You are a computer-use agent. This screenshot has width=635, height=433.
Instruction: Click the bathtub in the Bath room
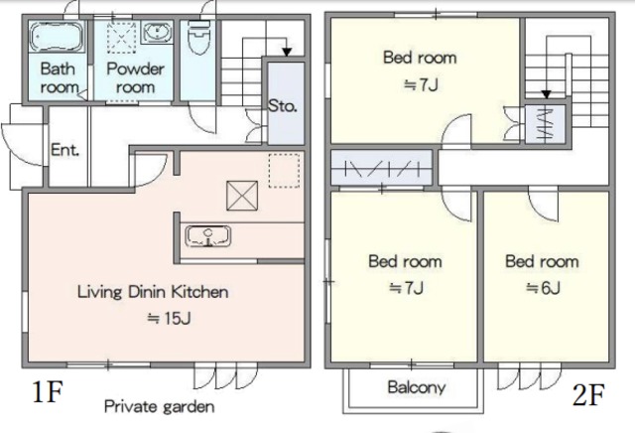coord(57,37)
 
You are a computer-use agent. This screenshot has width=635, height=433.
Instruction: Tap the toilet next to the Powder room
coord(198,38)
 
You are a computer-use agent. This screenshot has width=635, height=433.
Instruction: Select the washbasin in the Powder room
coord(157,33)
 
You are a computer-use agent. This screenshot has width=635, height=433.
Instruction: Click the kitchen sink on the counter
coord(208,236)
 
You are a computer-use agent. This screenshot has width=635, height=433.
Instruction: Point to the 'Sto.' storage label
coord(282,106)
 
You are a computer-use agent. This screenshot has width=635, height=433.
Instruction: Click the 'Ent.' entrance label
coord(64,150)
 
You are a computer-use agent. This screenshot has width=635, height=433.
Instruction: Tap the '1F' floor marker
coord(48,391)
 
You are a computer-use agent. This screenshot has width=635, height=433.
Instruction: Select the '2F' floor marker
coord(588,394)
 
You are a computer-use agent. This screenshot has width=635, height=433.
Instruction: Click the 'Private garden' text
coord(160,406)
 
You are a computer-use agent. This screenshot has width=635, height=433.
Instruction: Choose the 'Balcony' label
coord(417,387)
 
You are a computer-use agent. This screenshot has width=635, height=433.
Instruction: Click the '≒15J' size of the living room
coord(169,318)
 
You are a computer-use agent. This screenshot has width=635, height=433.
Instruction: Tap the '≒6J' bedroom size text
coord(543,288)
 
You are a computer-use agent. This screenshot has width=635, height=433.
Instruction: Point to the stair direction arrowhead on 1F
coord(287,52)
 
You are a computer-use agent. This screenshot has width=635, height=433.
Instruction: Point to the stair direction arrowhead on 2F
coord(546,94)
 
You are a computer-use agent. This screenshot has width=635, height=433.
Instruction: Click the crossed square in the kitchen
coord(242,196)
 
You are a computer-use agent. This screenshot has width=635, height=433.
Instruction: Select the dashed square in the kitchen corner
coord(285,170)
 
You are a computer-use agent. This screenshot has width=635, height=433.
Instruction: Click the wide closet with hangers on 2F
coord(381,168)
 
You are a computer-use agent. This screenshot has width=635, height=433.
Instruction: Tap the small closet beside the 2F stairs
coord(545,124)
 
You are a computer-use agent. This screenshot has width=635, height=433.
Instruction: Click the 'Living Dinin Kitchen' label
coord(153,292)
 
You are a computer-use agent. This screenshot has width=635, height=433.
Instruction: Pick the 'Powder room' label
coord(135,77)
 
